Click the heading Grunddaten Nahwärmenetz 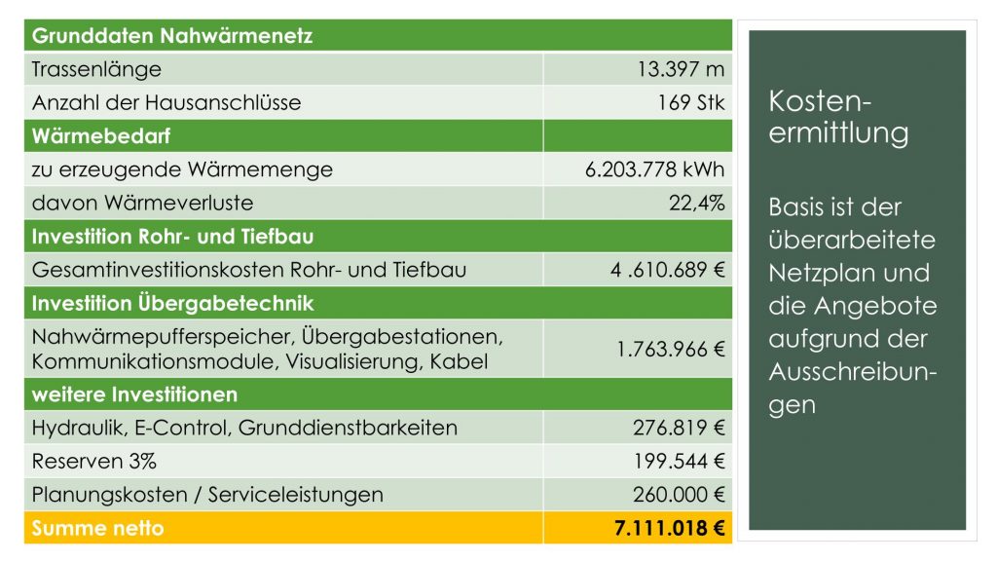click(171, 37)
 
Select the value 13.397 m click(681, 70)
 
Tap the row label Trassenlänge click(96, 70)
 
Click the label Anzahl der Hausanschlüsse click(166, 102)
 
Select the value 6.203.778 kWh click(655, 169)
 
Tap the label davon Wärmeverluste click(142, 203)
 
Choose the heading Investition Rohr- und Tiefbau click(172, 237)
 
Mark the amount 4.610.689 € click(668, 270)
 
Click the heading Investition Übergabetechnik click(172, 303)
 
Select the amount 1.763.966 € click(671, 349)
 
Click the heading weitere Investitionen click(134, 394)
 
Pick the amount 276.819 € click(679, 428)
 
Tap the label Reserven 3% click(93, 461)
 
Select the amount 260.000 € click(679, 494)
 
